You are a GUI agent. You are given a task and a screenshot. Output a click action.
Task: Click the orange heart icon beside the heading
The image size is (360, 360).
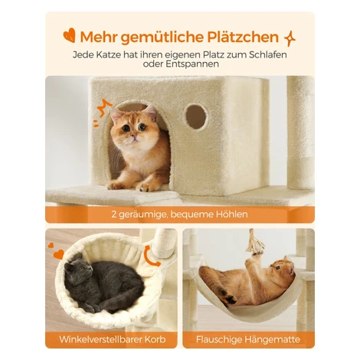70,35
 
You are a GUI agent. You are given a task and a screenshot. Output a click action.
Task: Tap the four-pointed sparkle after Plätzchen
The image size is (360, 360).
290,38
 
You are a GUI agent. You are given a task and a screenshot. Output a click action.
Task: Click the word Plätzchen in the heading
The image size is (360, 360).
243,37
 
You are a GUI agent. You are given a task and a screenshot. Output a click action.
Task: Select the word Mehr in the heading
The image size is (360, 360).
99,38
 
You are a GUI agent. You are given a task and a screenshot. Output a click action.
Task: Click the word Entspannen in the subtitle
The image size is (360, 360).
192,64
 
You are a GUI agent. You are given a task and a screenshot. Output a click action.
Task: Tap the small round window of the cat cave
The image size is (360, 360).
196,116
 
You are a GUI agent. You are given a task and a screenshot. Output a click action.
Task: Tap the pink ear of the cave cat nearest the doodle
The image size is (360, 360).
116,114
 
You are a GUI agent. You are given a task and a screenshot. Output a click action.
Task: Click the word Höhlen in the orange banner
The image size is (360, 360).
232,214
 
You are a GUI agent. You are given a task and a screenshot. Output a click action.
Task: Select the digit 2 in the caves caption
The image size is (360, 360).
114,214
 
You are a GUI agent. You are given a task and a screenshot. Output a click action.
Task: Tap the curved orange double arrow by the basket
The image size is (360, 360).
151,256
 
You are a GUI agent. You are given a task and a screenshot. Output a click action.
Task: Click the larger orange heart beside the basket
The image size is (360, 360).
59,254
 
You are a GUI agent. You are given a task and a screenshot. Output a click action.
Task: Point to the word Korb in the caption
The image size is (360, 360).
155,339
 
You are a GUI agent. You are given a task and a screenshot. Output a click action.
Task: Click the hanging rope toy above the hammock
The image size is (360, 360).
252,243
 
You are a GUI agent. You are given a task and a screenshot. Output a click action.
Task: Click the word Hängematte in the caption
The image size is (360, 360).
272,340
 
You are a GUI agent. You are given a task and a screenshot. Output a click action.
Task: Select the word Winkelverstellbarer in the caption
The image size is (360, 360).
101,339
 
